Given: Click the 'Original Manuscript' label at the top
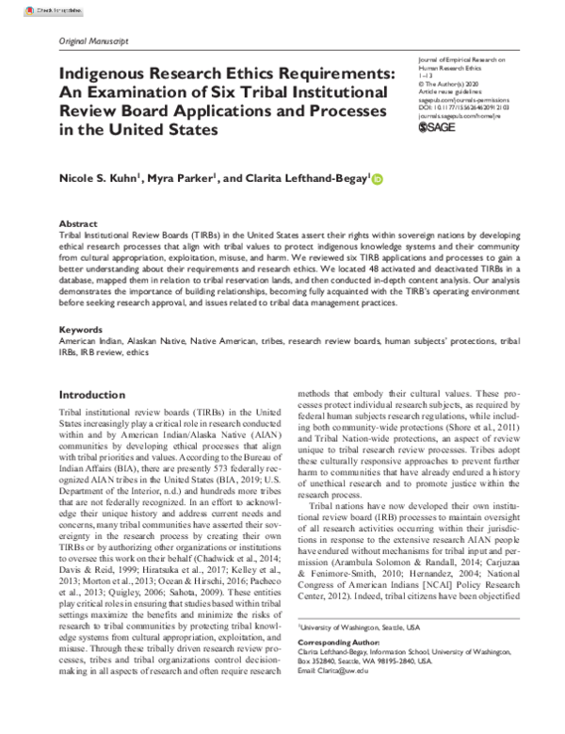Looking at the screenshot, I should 94,42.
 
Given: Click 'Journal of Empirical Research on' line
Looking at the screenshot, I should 460,58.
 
